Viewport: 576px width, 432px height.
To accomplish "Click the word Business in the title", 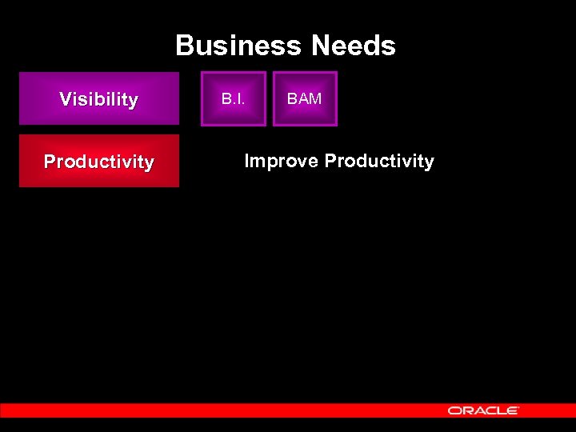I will pos(239,46).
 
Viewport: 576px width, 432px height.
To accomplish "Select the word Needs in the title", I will pos(354,46).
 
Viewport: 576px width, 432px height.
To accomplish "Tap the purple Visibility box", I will pos(99,99).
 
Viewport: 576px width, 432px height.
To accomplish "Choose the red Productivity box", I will pos(99,162).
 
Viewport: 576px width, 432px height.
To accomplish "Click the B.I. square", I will pos(233,99).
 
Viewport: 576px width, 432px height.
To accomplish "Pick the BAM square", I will pos(305,99).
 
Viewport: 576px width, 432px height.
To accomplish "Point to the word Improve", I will pos(281,162).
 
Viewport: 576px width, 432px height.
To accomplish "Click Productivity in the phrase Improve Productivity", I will pos(379,162).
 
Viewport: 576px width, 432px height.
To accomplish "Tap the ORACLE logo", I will pos(483,410).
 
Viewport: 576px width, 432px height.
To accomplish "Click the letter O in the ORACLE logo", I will pos(454,410).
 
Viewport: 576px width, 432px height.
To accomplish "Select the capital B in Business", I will pos(185,46).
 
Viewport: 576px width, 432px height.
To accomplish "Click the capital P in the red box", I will pos(50,162).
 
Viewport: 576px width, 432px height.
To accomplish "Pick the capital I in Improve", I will pos(246,162).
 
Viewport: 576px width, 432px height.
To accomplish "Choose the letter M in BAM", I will pos(316,99).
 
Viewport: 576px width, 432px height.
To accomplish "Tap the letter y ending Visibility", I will pos(133,102).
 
